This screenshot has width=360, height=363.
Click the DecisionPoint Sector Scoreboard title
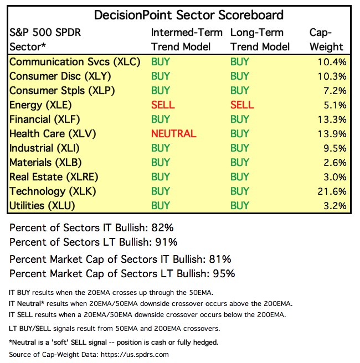[x=189, y=15]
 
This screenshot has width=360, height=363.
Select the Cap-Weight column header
[x=326, y=39]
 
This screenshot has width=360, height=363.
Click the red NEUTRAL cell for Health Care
[x=173, y=133]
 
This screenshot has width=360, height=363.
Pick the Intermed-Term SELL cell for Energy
[x=163, y=105]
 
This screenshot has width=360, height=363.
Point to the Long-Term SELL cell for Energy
[x=242, y=105]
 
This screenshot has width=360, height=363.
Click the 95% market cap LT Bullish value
[x=224, y=273]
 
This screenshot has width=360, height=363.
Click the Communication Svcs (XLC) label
[x=75, y=61]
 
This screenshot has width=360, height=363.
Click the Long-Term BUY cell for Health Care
[x=240, y=133]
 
